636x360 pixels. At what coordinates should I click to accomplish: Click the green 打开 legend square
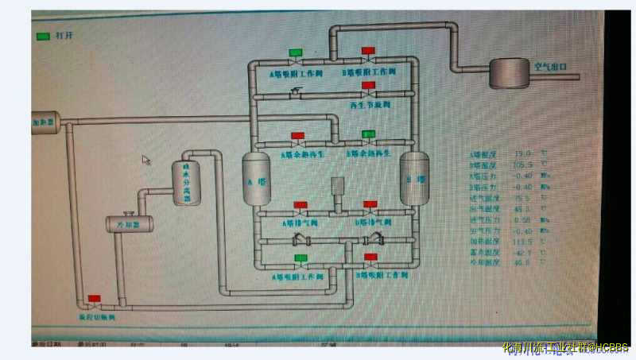43,36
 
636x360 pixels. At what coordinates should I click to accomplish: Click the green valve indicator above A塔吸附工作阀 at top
296,52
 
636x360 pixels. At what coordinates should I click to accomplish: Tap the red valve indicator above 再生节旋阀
368,85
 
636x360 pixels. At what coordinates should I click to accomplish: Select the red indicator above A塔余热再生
297,135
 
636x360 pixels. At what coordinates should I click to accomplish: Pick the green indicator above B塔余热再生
368,134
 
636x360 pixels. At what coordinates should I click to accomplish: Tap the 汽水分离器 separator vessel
188,184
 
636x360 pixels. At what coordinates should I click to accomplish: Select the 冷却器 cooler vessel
122,224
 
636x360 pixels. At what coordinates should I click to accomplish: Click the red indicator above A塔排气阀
301,204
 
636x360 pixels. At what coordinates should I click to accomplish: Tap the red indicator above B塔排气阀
370,204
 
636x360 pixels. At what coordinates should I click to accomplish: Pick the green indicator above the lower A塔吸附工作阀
301,258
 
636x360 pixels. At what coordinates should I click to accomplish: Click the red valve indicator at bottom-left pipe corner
94,299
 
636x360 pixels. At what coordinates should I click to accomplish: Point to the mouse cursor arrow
146,160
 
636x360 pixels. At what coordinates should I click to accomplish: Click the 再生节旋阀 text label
370,104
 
